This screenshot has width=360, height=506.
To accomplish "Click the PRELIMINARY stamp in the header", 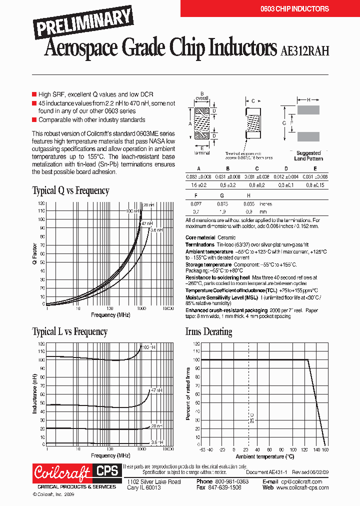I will click(x=83, y=23).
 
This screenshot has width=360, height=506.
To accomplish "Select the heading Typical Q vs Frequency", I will click(x=70, y=190).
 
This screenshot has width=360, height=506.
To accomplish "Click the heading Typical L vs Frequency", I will click(x=69, y=331).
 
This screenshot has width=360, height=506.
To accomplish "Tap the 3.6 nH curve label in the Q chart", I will click(x=156, y=230).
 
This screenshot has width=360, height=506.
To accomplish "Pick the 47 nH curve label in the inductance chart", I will click(x=156, y=389).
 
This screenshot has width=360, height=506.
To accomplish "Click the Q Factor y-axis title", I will click(x=34, y=253).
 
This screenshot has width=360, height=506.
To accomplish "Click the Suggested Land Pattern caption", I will click(x=308, y=155).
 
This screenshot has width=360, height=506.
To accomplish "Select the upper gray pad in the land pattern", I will click(x=308, y=110).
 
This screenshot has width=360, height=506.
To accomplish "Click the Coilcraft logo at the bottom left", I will click(x=62, y=472).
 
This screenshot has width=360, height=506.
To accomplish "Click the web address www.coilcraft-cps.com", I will click(x=302, y=487).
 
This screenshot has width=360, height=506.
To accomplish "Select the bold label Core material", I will click(x=200, y=237).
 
